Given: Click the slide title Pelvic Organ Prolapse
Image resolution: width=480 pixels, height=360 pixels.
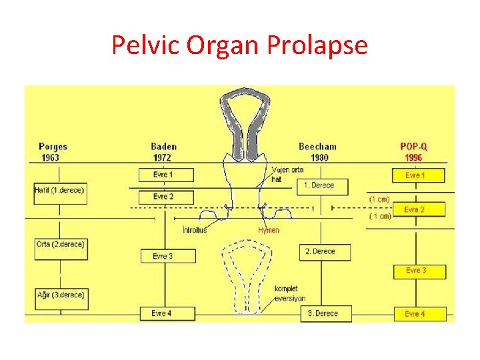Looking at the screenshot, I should click(x=239, y=45).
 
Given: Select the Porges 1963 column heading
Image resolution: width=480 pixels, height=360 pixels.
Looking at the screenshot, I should click(x=53, y=152).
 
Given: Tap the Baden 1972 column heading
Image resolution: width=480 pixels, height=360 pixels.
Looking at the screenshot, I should click(x=164, y=152).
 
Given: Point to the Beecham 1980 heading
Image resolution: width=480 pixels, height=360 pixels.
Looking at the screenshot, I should click(x=317, y=152).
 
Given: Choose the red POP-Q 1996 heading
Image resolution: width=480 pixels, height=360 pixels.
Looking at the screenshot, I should click(x=414, y=152).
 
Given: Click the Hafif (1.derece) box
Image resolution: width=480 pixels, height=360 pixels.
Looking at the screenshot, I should click(x=60, y=191).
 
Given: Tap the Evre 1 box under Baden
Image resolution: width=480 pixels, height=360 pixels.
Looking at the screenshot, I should click(x=166, y=175).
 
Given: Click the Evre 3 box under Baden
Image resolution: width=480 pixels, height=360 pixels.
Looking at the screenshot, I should click(x=168, y=256).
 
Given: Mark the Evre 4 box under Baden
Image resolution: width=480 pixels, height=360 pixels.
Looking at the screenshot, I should click(x=167, y=313).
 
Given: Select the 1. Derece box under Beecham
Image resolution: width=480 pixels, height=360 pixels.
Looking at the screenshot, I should click(x=322, y=185).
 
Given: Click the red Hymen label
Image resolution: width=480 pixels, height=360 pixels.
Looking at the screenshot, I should click(x=269, y=230).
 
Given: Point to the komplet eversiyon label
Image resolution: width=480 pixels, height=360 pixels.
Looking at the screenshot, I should click(x=289, y=294).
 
